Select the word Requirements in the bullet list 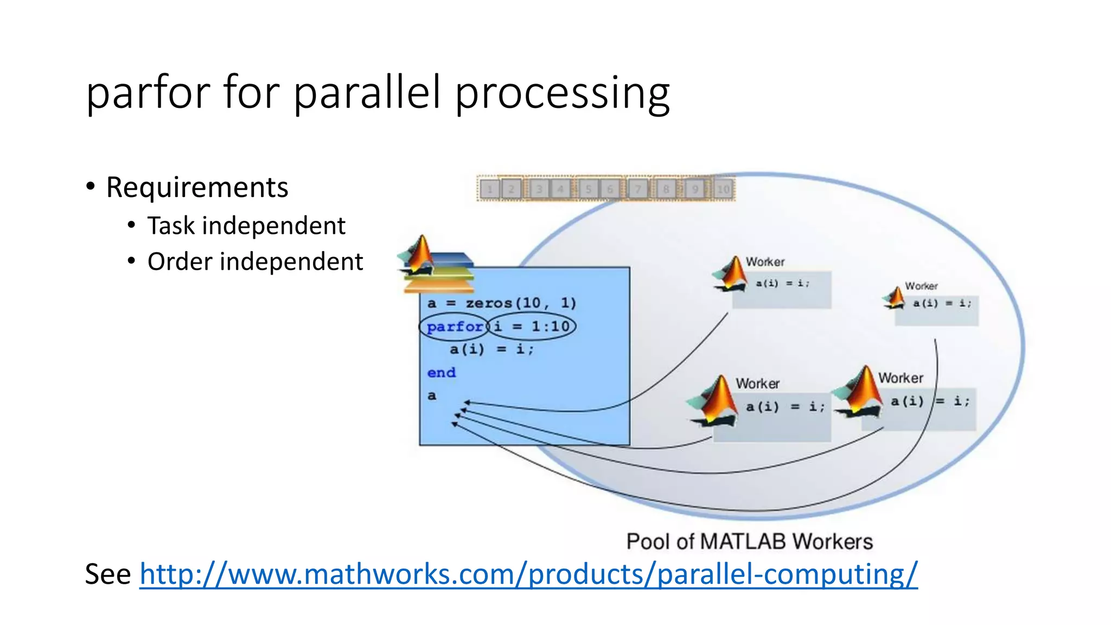coord(197,188)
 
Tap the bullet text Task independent coord(246,226)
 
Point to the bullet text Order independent coord(255,262)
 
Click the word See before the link coord(108,574)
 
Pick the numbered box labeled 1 coord(490,189)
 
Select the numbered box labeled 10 coord(723,189)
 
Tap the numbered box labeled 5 coord(588,189)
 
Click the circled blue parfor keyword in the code coord(454,327)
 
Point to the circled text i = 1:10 coord(532,327)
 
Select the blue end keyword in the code coord(441,373)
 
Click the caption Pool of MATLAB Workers coord(749,541)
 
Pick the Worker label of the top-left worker coord(765,262)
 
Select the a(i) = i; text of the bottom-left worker coord(785,407)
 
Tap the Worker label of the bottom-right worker coord(901,378)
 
